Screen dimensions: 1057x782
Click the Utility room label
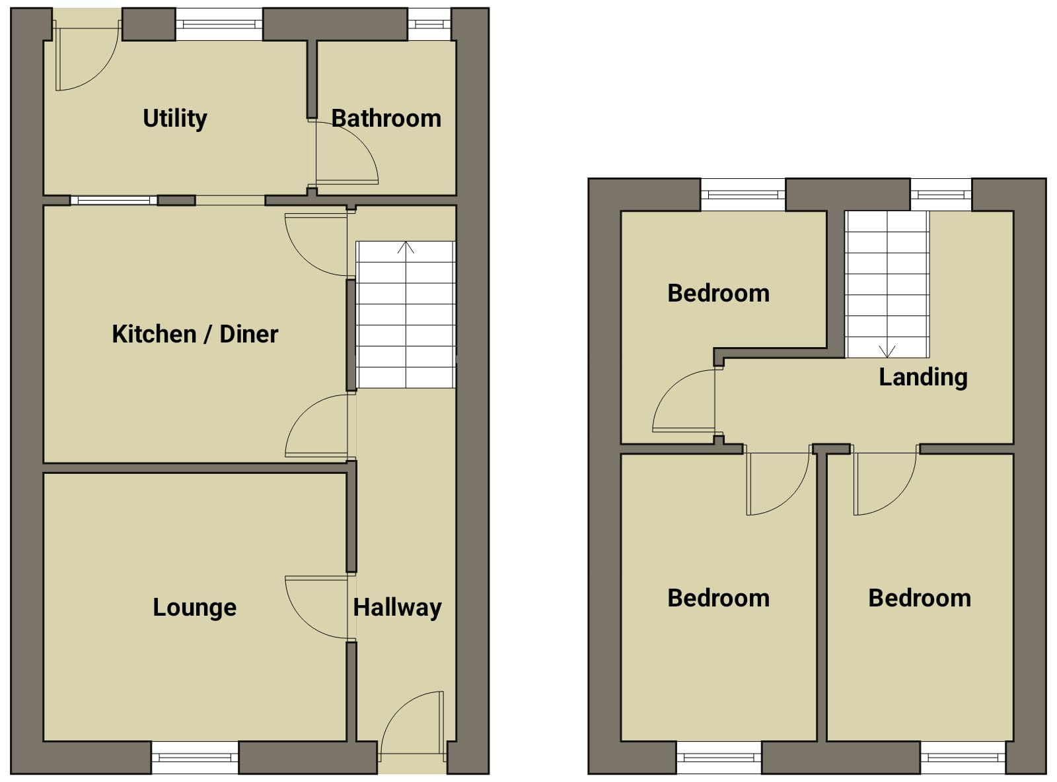point(175,119)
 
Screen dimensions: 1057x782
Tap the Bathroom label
point(386,119)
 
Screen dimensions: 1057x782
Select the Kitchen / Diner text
point(195,334)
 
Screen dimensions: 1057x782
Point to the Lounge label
point(194,607)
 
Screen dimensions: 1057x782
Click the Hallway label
point(398,608)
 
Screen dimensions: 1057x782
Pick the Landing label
point(923,377)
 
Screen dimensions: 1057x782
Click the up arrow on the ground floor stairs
point(406,247)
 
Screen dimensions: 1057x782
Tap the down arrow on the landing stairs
point(887,351)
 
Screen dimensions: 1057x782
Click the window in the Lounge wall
point(195,757)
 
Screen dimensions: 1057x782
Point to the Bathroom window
point(429,24)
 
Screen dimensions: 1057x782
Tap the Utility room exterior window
point(219,24)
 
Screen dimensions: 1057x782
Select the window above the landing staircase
point(941,194)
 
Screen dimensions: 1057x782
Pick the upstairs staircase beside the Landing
point(887,284)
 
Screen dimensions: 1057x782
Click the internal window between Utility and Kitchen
point(114,201)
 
